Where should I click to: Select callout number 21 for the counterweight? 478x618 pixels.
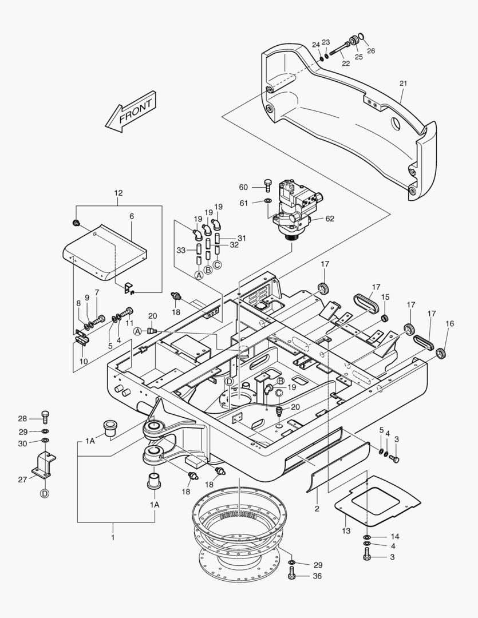[403, 84]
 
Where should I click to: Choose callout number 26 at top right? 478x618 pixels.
[370, 51]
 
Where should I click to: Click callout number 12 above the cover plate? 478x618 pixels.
[118, 193]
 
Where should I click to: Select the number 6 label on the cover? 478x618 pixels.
[131, 217]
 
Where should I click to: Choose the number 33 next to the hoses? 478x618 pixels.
[181, 250]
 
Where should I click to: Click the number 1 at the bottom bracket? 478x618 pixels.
[113, 538]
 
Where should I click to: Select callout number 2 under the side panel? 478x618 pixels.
[317, 508]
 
